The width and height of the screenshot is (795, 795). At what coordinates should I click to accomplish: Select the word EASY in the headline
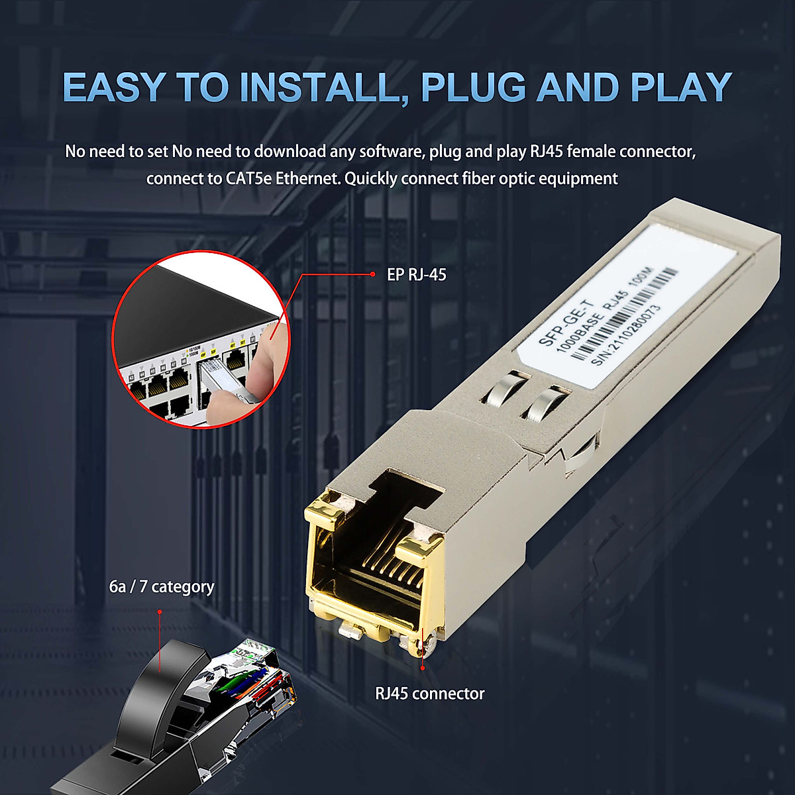point(113,87)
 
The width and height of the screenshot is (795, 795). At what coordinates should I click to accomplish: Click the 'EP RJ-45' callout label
point(416,274)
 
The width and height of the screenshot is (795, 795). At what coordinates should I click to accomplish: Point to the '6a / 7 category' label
point(162,587)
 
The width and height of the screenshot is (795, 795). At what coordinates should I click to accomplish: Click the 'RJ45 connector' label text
point(430,694)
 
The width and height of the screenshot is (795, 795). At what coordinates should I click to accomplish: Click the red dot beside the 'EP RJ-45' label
point(374,274)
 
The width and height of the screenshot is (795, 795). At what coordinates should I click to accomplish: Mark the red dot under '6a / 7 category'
point(160,611)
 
